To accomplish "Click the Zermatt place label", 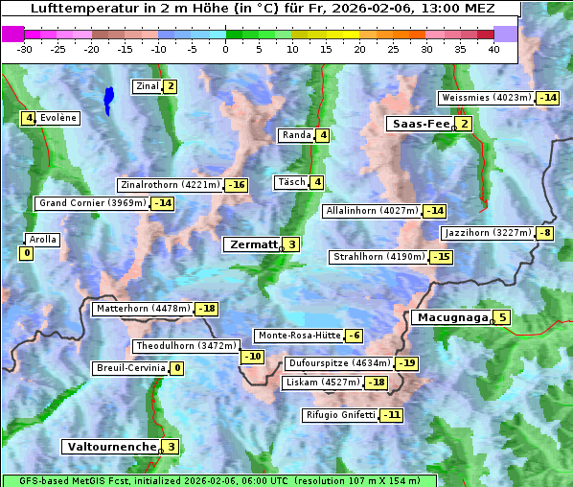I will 253,244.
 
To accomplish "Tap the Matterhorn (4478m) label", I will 142,309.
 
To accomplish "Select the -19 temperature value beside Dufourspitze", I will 407,363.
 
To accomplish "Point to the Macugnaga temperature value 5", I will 503,317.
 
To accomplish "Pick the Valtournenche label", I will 110,447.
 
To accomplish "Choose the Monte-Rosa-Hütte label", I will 297,336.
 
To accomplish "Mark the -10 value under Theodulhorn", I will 252,357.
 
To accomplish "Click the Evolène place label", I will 58,118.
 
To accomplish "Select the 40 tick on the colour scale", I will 493,49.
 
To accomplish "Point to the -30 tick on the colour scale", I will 25,49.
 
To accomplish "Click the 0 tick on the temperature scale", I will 225,49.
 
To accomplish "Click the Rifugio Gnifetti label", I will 340,415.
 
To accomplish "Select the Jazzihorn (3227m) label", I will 487,233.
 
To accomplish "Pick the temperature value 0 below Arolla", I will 26,253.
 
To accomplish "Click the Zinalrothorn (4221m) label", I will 170,185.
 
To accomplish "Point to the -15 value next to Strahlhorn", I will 441,257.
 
